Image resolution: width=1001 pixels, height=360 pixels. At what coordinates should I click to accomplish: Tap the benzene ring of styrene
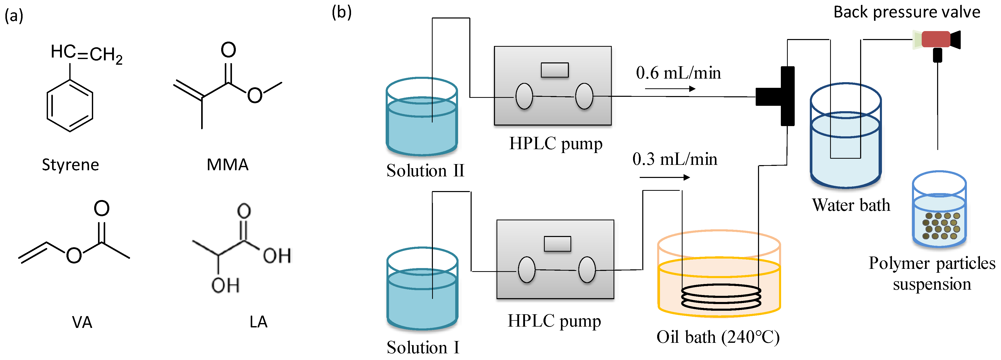click(70, 106)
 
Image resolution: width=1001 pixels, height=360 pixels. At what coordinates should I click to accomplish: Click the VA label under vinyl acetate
click(82, 322)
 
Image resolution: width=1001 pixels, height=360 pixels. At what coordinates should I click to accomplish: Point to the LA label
click(258, 322)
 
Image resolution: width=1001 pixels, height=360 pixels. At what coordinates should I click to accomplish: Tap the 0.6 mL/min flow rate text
click(678, 73)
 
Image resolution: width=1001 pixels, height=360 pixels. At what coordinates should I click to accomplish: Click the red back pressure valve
click(936, 39)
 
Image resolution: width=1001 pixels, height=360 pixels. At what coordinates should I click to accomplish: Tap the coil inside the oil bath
click(721, 297)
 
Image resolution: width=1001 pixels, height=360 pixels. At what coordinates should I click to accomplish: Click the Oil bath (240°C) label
click(718, 337)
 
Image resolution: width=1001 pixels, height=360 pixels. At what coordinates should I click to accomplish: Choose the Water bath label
click(851, 205)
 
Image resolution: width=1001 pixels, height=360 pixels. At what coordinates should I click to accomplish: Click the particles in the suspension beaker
click(941, 226)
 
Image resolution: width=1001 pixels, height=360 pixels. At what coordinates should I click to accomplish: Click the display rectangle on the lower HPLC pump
click(557, 244)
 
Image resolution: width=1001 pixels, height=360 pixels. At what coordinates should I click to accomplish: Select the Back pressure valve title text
click(907, 12)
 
